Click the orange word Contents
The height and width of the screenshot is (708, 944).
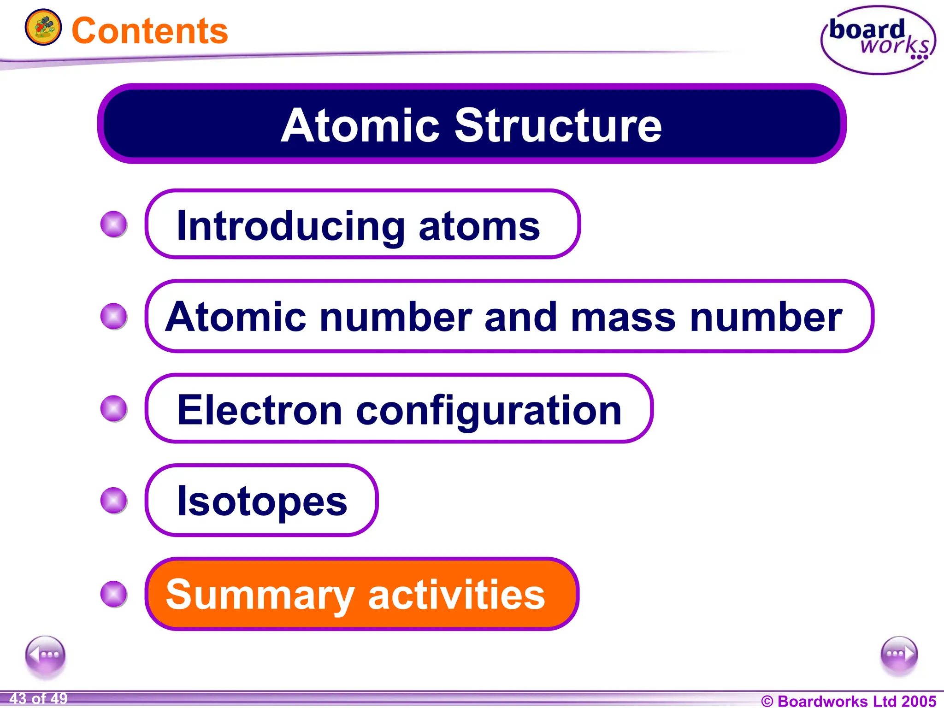[150, 31]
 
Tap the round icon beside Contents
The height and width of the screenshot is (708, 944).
[43, 27]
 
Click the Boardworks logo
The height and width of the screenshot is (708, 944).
[878, 40]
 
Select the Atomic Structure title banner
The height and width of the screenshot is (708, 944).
[472, 124]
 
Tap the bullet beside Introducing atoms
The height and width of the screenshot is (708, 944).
[114, 224]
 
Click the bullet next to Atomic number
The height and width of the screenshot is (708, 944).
[114, 316]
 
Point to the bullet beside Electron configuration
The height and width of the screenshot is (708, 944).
[114, 408]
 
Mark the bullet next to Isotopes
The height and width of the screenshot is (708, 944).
[114, 500]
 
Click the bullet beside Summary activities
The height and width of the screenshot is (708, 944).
[114, 594]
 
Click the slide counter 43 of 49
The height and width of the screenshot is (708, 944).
[38, 698]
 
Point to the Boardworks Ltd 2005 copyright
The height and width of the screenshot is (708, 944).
[848, 701]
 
